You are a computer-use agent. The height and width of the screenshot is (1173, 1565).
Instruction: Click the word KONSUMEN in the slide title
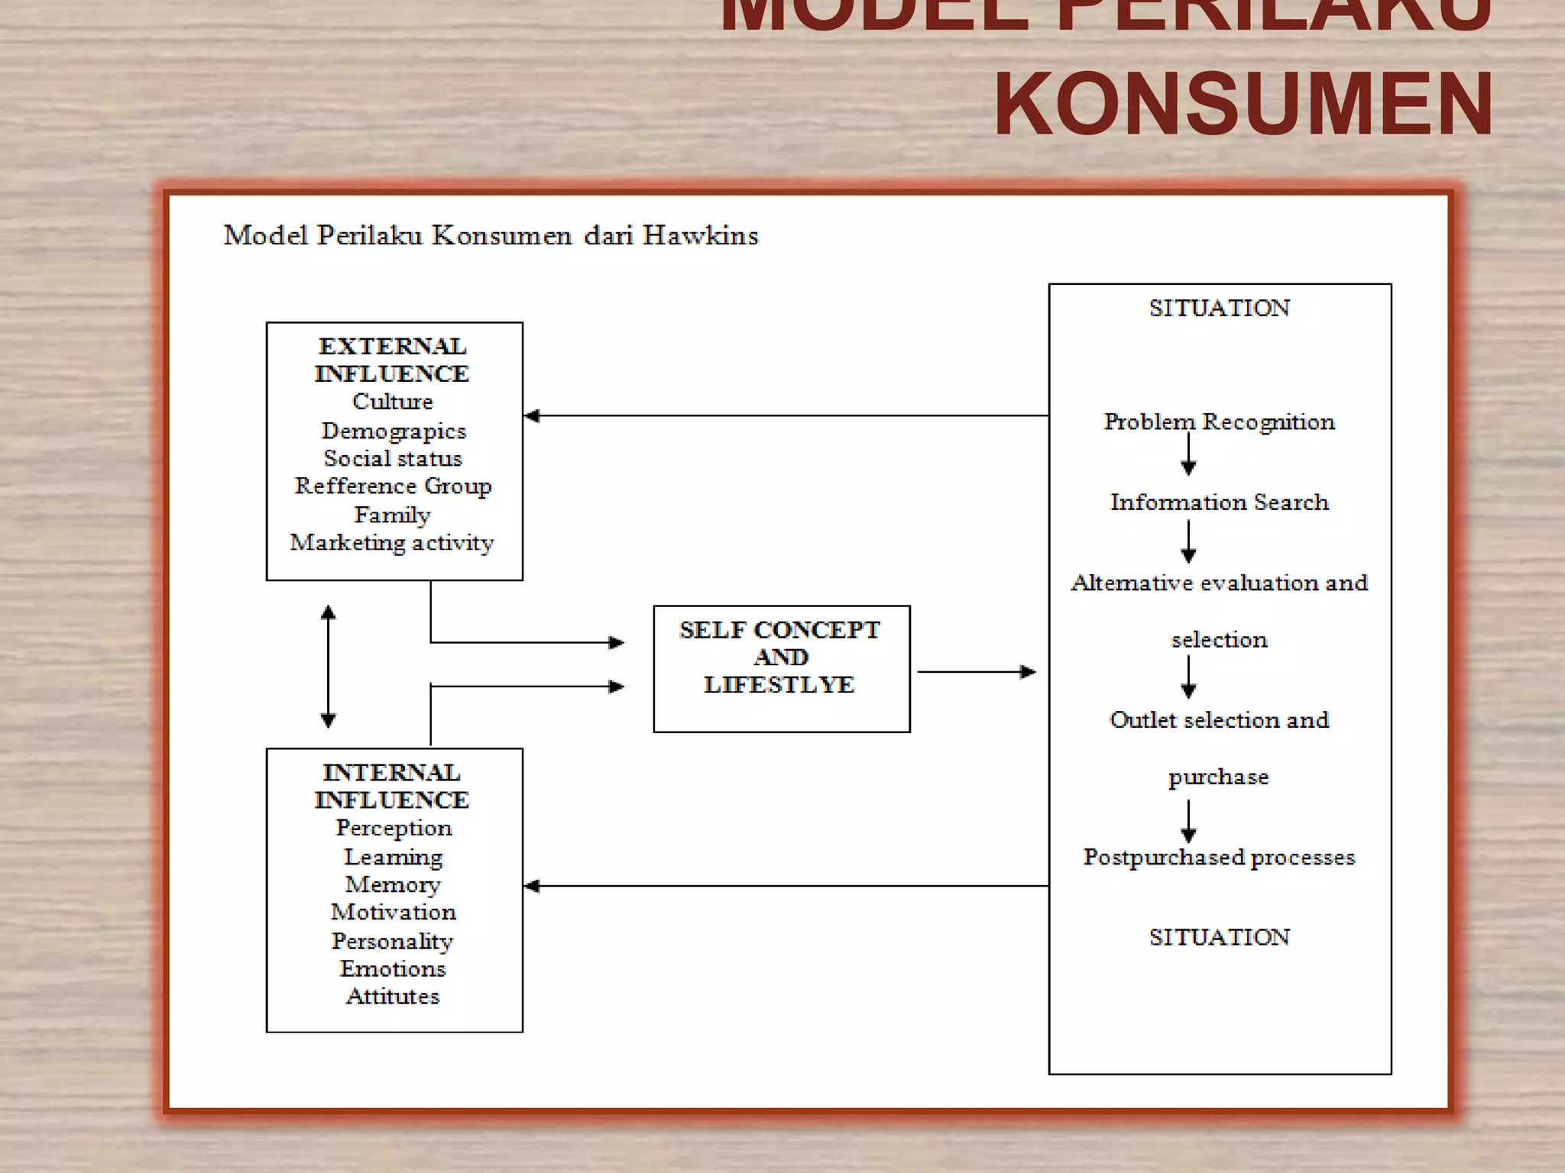[x=1243, y=104]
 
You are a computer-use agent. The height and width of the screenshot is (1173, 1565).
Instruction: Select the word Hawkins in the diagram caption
[x=700, y=235]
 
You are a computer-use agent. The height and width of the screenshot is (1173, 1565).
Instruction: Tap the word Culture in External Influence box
[x=393, y=401]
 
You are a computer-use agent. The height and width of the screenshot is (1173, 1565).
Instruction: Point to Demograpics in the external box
[x=394, y=431]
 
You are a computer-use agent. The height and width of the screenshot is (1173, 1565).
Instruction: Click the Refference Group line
[x=394, y=486]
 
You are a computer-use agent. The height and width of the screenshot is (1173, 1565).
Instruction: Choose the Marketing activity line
[x=392, y=542]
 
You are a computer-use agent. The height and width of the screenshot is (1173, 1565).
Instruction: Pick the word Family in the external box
[x=392, y=515]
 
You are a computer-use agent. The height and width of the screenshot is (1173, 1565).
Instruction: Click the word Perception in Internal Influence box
[x=394, y=828]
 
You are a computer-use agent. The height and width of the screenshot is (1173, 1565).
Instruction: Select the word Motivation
[x=394, y=912]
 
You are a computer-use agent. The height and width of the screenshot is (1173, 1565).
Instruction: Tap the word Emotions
[x=393, y=968]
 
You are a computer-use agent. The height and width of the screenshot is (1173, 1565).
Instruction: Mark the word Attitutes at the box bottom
[x=393, y=996]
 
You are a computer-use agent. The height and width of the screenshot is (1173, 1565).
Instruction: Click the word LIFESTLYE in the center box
[x=779, y=684]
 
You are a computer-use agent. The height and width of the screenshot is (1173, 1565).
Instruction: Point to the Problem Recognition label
[x=1219, y=422]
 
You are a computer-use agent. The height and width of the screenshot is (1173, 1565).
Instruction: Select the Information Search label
[x=1219, y=502]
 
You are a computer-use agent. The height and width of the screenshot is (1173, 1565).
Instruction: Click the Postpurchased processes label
[x=1219, y=857]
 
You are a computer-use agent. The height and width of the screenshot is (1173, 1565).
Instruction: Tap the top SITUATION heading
[x=1219, y=308]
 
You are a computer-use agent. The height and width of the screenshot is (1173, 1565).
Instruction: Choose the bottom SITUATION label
[x=1219, y=937]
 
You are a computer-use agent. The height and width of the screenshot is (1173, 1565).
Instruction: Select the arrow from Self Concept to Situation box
[x=976, y=672]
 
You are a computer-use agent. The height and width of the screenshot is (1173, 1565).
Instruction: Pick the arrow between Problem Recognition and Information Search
[x=1188, y=455]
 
